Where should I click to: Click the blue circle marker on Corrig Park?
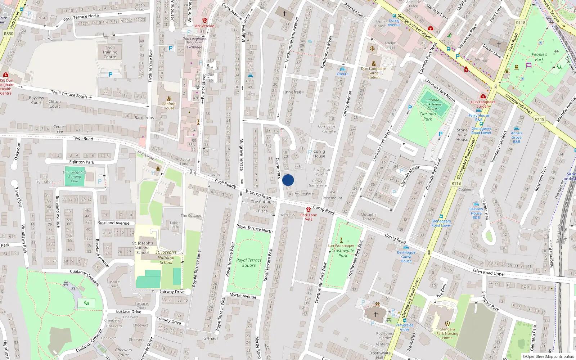288,180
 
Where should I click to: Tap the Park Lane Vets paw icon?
309,210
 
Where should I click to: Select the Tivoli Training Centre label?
110,52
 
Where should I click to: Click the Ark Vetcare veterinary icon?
204,21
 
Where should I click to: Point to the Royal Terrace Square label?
249,263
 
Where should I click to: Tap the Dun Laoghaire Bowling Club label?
75,176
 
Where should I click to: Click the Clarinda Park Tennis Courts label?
432,104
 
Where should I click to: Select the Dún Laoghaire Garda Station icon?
373,63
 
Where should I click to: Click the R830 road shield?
8,34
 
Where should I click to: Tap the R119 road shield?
539,119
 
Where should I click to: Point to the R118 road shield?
456,183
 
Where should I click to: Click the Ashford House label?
168,106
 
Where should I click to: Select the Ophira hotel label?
342,74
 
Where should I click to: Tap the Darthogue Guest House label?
406,257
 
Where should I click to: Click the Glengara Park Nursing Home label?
447,333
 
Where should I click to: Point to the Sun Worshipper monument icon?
341,240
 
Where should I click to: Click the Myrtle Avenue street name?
243,296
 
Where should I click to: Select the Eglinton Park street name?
82,162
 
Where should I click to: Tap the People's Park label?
539,57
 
